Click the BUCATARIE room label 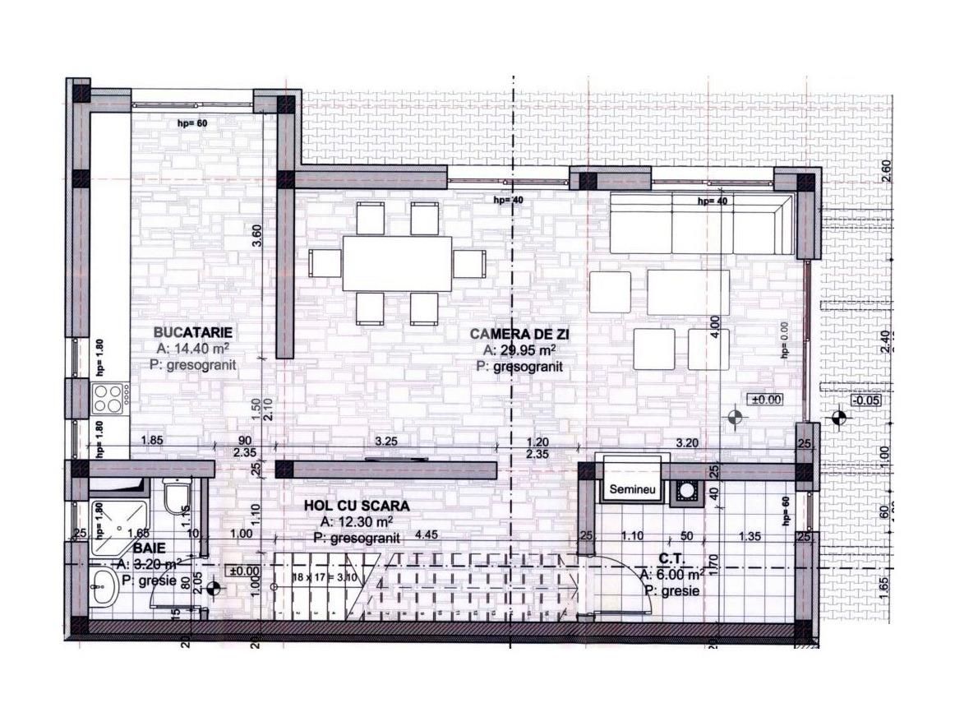click(x=194, y=332)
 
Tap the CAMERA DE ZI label click(x=519, y=334)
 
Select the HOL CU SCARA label click(x=356, y=506)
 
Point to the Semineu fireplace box click(x=631, y=488)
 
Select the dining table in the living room click(x=397, y=263)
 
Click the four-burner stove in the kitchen click(x=109, y=398)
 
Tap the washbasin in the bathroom click(x=105, y=588)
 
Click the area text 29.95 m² click(x=527, y=350)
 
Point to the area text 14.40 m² click(x=201, y=349)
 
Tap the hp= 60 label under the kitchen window click(x=193, y=123)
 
